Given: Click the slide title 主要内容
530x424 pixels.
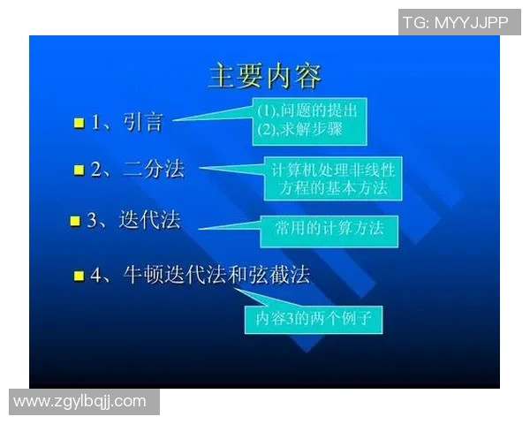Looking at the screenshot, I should (x=264, y=75).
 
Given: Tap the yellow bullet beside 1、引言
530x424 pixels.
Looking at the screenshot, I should (x=79, y=124).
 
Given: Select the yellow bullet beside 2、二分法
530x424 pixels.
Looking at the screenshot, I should (x=79, y=170).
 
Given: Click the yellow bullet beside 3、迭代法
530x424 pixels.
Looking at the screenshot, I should (x=75, y=221).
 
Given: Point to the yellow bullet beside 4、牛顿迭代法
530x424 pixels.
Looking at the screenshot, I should (x=79, y=276).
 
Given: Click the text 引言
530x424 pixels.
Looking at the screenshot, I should (x=143, y=123).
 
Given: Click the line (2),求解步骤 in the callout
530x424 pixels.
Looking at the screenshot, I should (x=299, y=131).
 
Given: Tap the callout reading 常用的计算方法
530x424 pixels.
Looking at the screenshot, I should (x=329, y=229).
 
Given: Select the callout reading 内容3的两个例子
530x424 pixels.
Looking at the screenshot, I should (x=314, y=319).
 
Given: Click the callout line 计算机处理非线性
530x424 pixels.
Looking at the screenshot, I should (x=332, y=170).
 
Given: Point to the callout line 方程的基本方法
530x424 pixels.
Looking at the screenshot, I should (x=332, y=188).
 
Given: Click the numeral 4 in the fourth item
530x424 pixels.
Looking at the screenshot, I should (x=96, y=276).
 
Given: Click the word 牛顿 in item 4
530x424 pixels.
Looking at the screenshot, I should (x=144, y=276).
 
